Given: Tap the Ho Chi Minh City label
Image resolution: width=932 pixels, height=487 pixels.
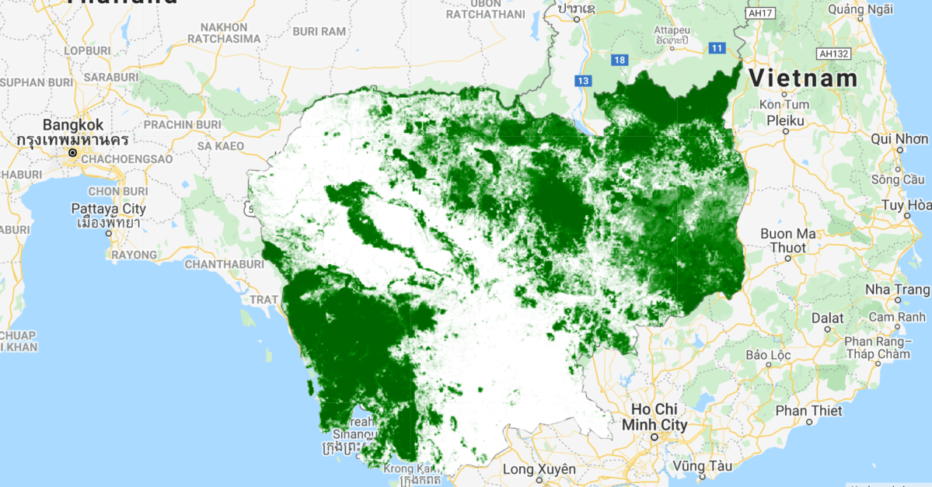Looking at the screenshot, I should pos(654,417).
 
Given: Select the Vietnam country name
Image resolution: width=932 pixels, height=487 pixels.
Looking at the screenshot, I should pos(803,78).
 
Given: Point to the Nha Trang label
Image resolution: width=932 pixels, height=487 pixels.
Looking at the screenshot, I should pos(897,290).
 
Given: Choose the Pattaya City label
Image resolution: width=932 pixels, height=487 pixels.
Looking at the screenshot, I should pos(108,209).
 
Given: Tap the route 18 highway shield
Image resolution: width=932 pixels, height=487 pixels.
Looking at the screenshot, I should pos(619,60).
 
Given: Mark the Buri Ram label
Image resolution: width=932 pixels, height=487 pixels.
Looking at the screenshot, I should pos(319,32).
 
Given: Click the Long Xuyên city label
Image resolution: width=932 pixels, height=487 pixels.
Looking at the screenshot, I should pos(539,469).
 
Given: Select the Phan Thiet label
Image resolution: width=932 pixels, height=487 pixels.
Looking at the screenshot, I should pos(808,410).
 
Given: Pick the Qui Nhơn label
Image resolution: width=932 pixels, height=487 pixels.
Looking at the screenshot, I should pos(900,139).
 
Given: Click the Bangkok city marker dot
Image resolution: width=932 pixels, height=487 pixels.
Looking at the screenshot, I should pos(73,153).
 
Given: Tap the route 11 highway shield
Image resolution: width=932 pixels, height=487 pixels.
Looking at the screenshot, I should pos(716,49).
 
